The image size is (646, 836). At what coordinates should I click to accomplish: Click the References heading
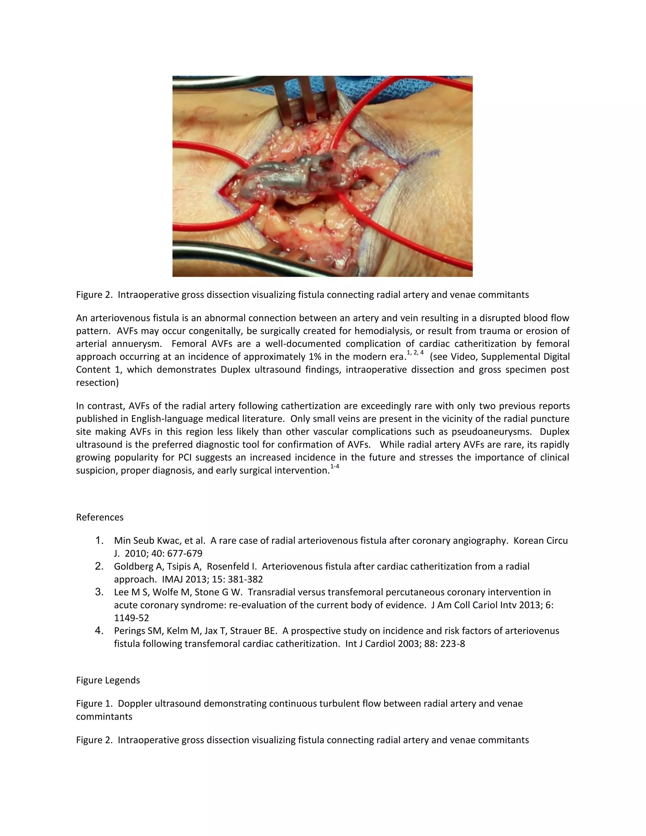click(x=99, y=517)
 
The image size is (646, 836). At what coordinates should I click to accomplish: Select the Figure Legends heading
click(x=108, y=680)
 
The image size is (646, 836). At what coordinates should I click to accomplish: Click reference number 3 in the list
click(x=99, y=592)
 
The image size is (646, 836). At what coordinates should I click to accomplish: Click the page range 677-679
click(x=185, y=554)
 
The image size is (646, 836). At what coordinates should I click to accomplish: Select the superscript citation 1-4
click(x=334, y=467)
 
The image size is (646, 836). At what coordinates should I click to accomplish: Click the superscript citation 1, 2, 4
click(x=415, y=353)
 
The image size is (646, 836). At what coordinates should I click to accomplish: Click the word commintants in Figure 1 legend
click(x=104, y=716)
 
